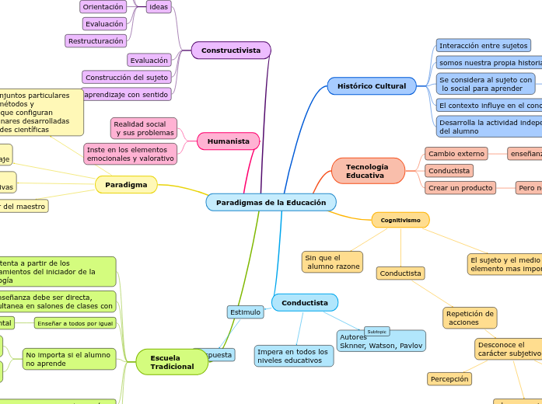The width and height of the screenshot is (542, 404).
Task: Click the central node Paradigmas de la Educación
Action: point(271,202)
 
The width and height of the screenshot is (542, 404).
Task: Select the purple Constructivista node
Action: point(231,50)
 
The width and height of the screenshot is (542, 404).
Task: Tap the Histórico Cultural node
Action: point(372,85)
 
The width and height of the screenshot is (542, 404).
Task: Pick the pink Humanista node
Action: point(228,141)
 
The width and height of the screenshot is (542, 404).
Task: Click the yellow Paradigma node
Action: point(126,184)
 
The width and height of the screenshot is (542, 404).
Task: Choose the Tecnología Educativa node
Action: point(368,171)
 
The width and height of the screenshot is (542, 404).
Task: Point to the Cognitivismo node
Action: point(400,220)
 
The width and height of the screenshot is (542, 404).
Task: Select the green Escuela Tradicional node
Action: point(172,362)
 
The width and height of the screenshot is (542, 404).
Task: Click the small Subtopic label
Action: point(377,331)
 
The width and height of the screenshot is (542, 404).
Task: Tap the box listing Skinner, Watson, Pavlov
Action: point(381,341)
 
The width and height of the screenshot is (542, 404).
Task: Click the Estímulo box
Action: point(245,312)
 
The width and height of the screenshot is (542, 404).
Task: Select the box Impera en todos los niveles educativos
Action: point(294,356)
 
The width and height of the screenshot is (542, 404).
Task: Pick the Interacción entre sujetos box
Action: point(483,46)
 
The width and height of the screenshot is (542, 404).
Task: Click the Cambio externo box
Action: point(456,154)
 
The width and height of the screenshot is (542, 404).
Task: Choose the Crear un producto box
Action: point(460,187)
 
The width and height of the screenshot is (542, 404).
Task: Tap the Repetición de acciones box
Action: point(470,317)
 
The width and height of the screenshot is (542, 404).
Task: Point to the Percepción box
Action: point(449,379)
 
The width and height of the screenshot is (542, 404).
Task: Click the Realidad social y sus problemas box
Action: point(143,128)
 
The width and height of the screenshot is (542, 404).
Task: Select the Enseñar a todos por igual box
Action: point(75,322)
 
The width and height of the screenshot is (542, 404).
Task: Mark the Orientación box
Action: point(103,7)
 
